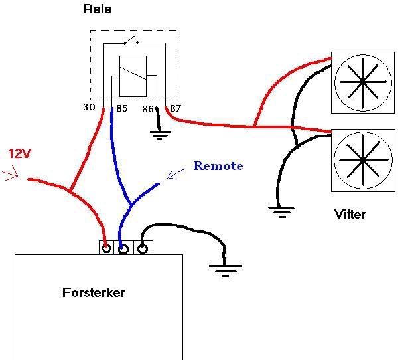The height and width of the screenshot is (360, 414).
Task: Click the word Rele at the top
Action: pos(98,9)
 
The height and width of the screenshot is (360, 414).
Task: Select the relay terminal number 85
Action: pos(121,107)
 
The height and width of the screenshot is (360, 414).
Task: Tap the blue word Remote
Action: pos(218,166)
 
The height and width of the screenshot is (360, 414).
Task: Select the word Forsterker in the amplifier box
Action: pos(94,292)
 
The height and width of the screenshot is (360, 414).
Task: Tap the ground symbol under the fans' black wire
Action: pos(281,213)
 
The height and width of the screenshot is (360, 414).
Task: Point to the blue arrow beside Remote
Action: pos(176,174)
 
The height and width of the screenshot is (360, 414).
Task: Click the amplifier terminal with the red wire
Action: pos(105,248)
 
